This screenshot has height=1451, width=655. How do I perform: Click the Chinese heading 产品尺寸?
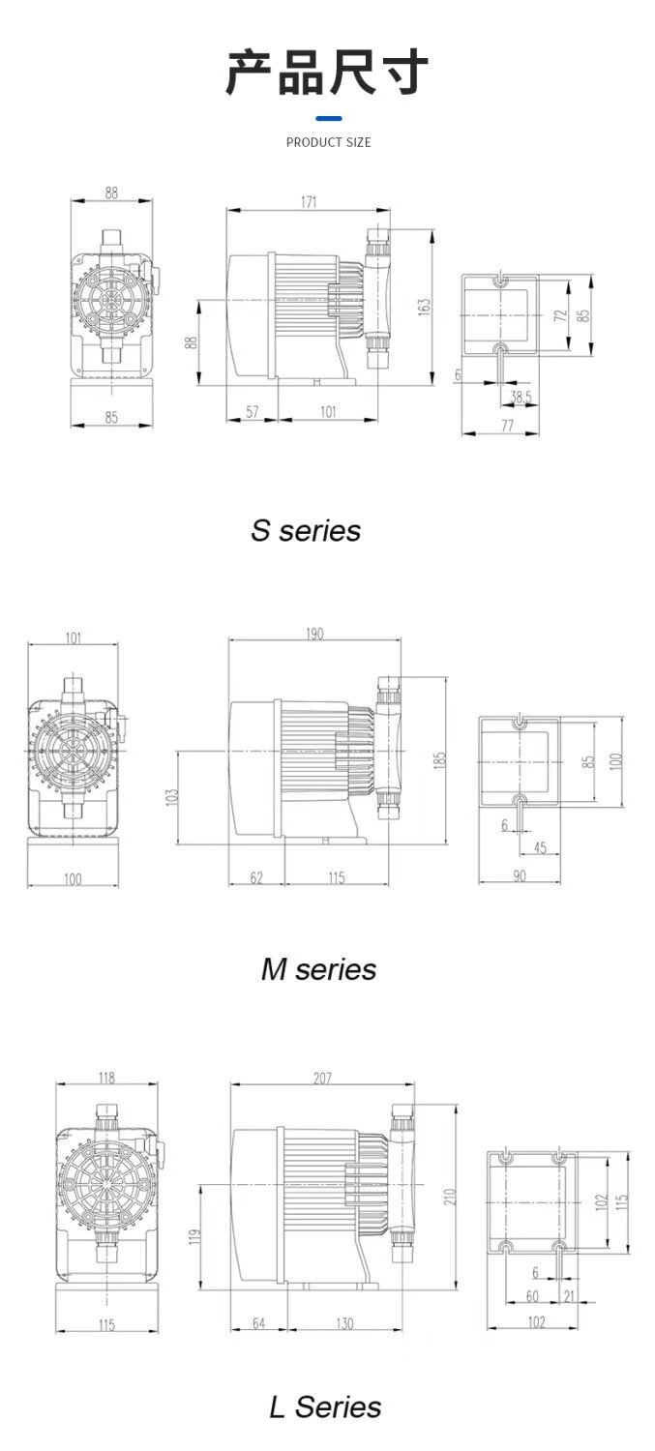click(x=326, y=72)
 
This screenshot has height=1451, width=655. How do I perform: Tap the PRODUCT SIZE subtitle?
click(x=329, y=142)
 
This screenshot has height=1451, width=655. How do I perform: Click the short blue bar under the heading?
click(x=329, y=119)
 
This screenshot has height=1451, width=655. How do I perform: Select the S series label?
click(x=305, y=530)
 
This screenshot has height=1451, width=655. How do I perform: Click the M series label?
click(x=318, y=969)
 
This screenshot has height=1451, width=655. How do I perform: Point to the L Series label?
click(x=325, y=1407)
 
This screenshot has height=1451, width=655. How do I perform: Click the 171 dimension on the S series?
click(x=309, y=202)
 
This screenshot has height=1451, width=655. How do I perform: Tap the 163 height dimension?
click(x=424, y=307)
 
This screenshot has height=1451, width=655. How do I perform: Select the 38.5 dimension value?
click(x=521, y=397)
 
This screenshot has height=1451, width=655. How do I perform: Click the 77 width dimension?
click(x=507, y=425)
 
